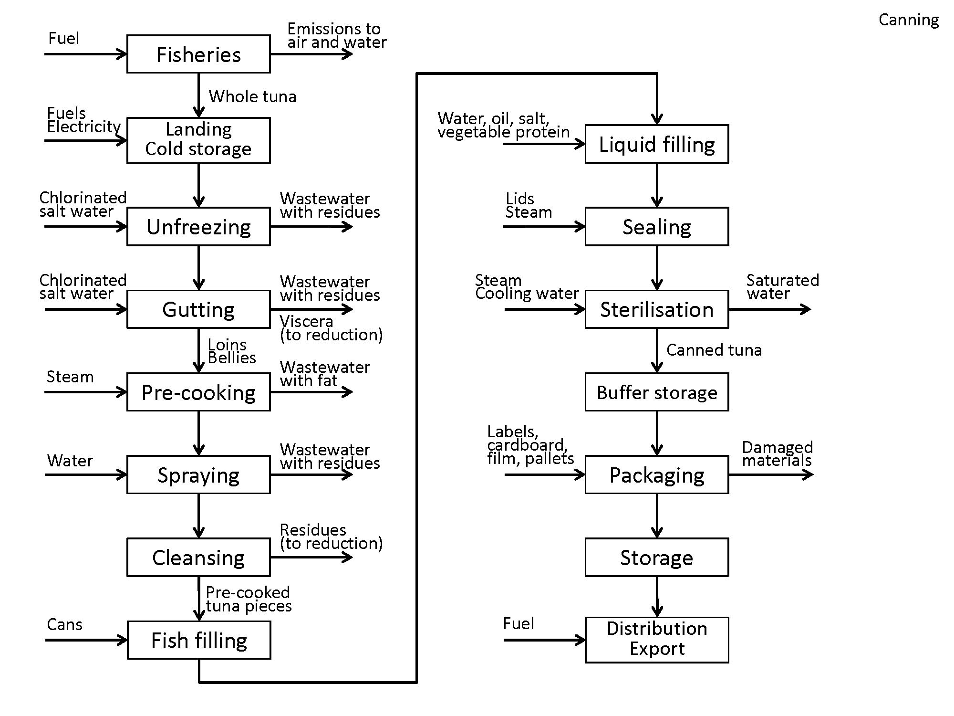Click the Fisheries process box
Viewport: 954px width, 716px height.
[x=198, y=54]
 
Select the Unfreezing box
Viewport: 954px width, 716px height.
[x=198, y=226]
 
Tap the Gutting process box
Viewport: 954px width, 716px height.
[x=198, y=309]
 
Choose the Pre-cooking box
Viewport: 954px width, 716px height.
[x=198, y=392]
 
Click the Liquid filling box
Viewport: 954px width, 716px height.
[x=657, y=144]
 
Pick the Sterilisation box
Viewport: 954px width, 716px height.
[x=657, y=309]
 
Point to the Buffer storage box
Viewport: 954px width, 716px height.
[x=657, y=392]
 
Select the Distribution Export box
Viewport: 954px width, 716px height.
[x=657, y=640]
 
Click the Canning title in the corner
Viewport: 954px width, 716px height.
[x=909, y=20]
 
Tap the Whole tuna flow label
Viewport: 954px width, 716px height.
[x=252, y=96]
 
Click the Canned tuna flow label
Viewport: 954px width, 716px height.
[x=714, y=350]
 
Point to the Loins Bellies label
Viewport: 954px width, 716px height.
[x=232, y=351]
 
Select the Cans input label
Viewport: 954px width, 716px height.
[x=64, y=624]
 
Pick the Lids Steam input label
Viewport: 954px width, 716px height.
[x=529, y=205]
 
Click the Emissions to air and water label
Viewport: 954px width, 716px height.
[x=336, y=35]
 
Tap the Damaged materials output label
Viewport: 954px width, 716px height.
[x=777, y=453]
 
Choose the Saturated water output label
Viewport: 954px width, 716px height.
[x=782, y=286]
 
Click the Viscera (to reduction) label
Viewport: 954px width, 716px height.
[x=331, y=328]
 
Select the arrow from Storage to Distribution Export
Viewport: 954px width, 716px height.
[x=657, y=597]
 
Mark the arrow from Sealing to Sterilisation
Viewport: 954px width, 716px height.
[x=657, y=268]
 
